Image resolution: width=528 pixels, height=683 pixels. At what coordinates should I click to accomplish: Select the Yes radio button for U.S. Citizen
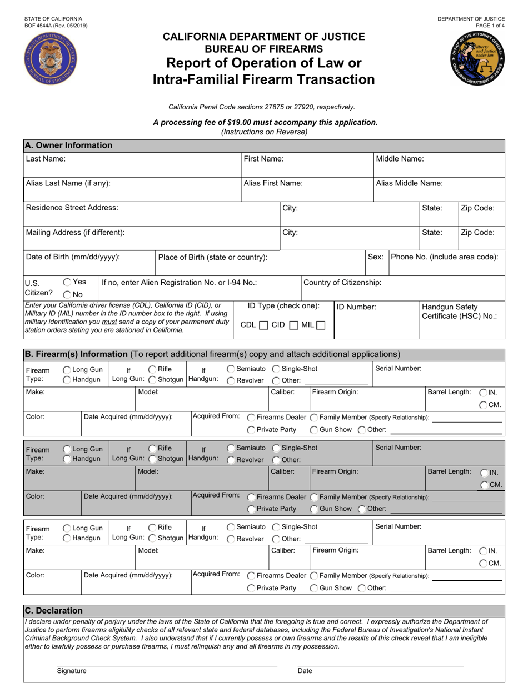click(x=67, y=282)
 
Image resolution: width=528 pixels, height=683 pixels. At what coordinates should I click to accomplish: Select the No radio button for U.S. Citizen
click(x=67, y=295)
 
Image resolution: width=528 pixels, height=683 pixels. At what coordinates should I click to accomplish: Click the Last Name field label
click(x=46, y=159)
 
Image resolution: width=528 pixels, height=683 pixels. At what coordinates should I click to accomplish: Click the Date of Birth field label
click(x=73, y=257)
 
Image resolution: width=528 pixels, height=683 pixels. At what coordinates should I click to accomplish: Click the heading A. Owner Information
click(x=68, y=145)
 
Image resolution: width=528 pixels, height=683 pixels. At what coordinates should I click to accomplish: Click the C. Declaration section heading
click(x=54, y=611)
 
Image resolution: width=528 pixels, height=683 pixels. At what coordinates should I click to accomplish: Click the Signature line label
click(x=71, y=671)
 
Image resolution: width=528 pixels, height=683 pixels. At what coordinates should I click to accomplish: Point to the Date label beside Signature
click(x=305, y=671)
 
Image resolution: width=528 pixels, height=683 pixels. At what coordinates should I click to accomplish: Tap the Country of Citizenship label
click(x=342, y=283)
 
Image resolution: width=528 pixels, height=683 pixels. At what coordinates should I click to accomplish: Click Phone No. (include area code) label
click(x=445, y=257)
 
